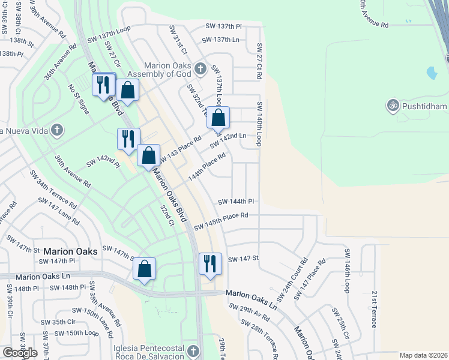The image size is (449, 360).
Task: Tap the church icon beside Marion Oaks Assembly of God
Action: point(200,68)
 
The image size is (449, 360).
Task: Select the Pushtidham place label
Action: point(426,106)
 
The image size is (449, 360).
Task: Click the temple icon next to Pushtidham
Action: point(394,104)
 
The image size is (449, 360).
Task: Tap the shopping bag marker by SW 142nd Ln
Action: point(218,118)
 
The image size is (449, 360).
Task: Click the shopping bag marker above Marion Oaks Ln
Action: point(144,269)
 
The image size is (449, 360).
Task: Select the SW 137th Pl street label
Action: point(223,26)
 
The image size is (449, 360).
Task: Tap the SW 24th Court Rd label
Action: point(292,280)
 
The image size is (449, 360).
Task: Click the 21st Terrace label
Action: point(373,310)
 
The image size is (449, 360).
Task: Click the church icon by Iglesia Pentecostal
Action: point(193,350)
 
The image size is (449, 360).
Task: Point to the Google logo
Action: point(20,353)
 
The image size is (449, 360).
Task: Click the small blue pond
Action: point(432,73)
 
